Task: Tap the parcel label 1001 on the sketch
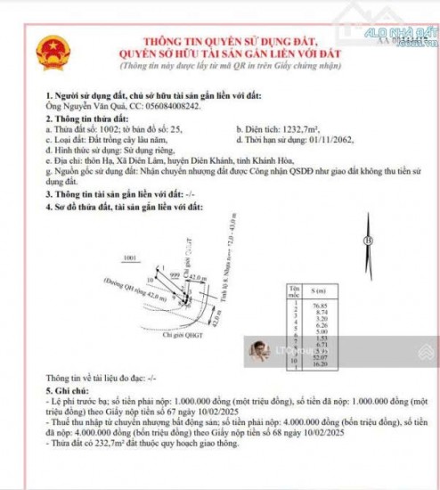(x=132, y=258)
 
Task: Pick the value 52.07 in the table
(x=322, y=357)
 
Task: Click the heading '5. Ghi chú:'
(x=69, y=390)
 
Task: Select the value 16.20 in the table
(x=322, y=364)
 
